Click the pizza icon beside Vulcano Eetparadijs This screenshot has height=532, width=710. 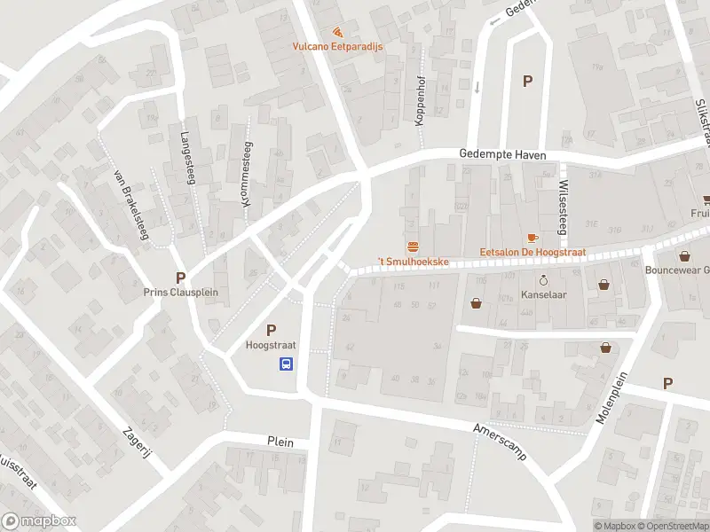click(x=337, y=32)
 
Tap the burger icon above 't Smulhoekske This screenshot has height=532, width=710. click(x=413, y=246)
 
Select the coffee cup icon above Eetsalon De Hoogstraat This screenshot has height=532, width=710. click(x=532, y=238)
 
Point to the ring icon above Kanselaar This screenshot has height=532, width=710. click(x=544, y=278)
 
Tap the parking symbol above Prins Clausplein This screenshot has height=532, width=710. click(x=181, y=278)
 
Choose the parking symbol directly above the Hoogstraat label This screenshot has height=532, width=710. click(x=271, y=330)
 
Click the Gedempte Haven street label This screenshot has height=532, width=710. click(x=502, y=154)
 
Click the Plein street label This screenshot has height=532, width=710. click(x=280, y=442)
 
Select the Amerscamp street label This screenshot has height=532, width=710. click(x=501, y=441)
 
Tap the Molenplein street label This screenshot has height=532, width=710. click(x=612, y=398)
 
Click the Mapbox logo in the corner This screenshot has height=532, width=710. click(x=39, y=521)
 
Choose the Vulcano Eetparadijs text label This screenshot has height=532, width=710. click(x=337, y=47)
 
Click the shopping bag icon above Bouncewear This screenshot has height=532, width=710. click(x=684, y=256)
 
